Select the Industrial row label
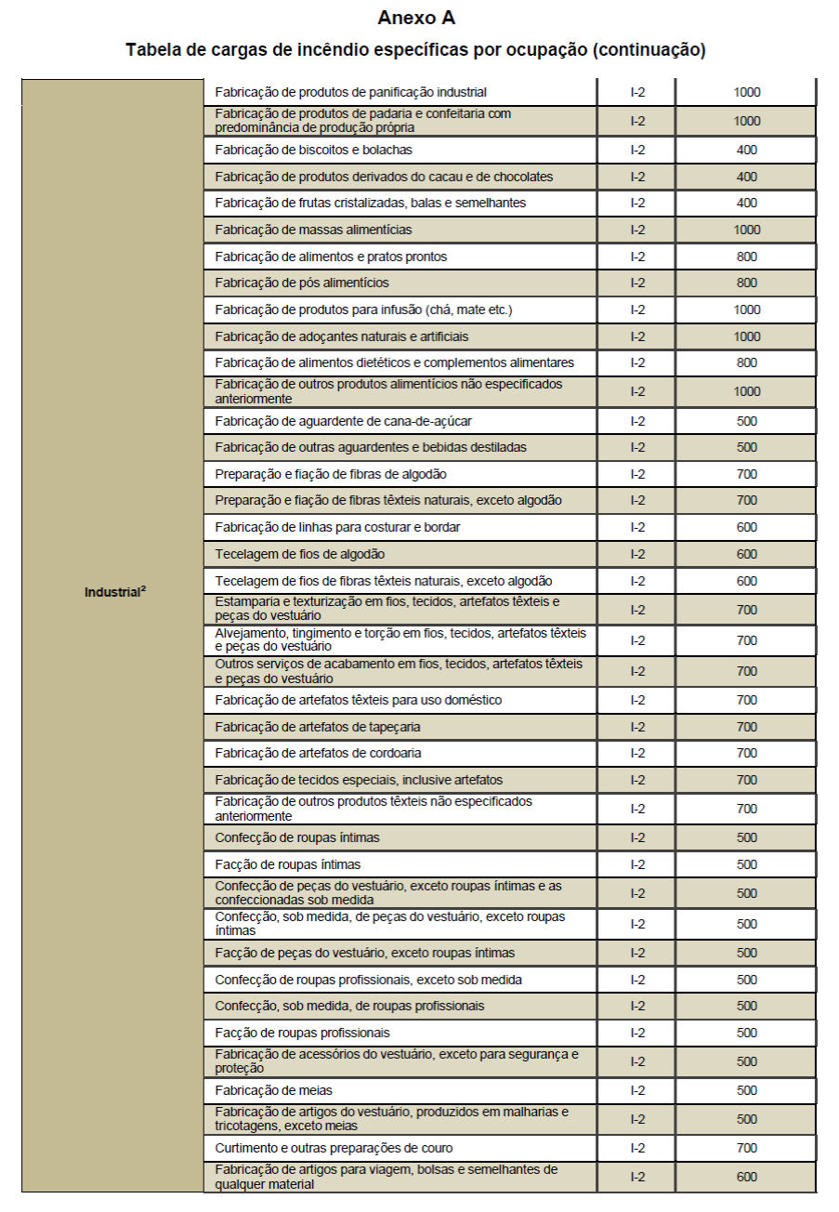pos(115,592)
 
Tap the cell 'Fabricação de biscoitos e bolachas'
pos(313,150)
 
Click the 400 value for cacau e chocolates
pos(746,177)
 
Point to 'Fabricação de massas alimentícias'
pos(313,230)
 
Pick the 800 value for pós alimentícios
pos(746,283)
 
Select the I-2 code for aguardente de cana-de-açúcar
pos(637,421)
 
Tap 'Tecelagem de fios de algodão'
pos(300,554)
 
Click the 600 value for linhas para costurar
pos(746,527)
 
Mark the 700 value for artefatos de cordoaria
pos(746,753)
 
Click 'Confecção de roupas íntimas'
pos(297,837)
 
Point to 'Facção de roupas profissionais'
pos(302,1033)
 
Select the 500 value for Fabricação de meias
pos(746,1090)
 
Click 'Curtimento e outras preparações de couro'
pos(334,1148)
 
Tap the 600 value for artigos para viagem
pos(746,1177)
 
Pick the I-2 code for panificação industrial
pos(637,92)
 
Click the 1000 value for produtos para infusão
pos(746,310)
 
